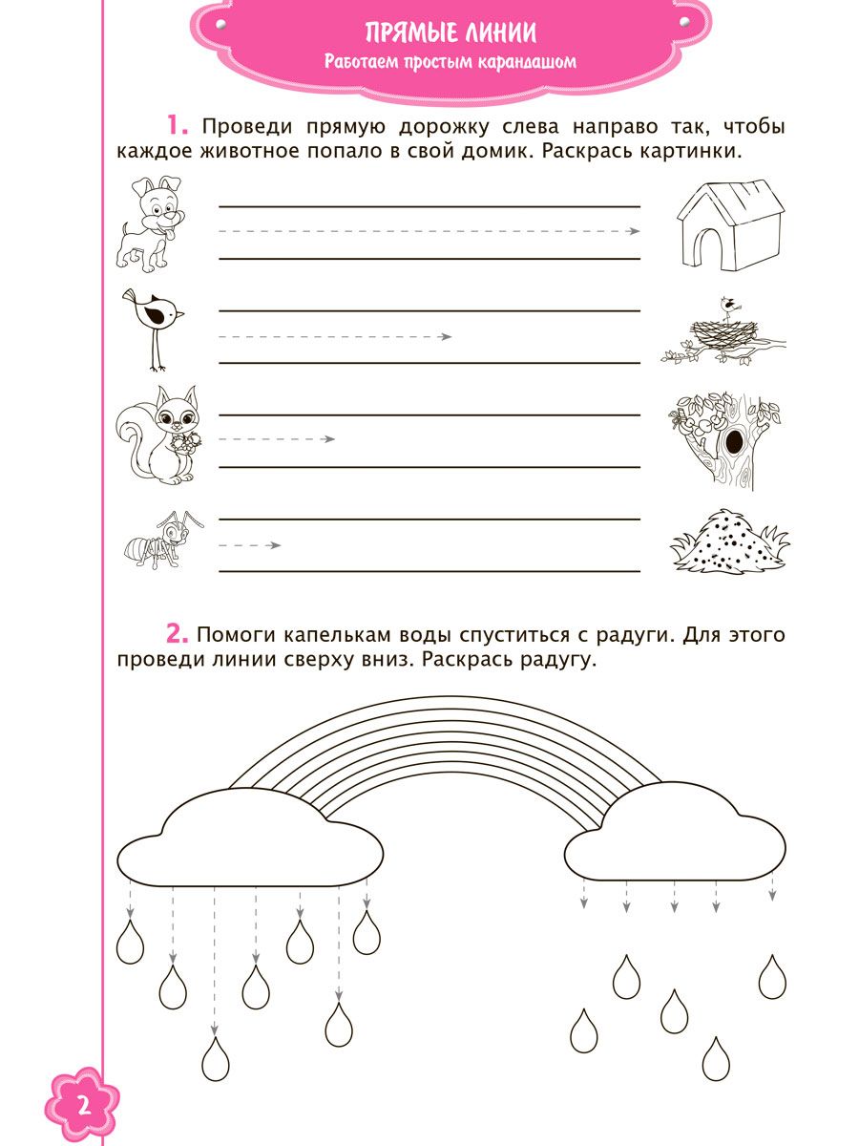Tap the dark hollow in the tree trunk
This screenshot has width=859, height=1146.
click(735, 441)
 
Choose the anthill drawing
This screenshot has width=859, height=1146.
click(728, 542)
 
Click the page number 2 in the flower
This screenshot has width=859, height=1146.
click(82, 1108)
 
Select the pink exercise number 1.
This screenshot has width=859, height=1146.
click(178, 125)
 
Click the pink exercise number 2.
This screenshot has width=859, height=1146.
click(178, 633)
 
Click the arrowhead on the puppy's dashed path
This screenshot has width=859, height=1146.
click(635, 231)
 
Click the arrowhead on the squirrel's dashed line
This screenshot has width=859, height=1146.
click(329, 438)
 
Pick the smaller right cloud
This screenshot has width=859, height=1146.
click(675, 841)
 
